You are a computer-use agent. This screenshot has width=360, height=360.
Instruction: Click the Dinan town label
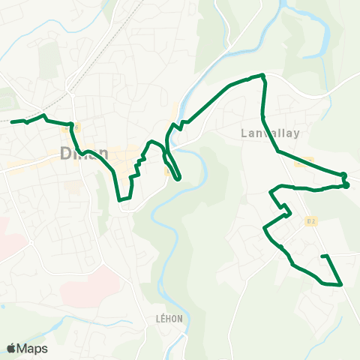[84, 153]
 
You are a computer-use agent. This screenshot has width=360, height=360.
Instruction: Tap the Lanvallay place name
[271, 133]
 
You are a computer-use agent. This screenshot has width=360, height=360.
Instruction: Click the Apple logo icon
[11, 348]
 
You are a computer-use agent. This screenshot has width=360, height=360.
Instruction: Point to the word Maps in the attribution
[33, 348]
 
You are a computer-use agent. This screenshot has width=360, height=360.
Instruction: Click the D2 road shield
[311, 220]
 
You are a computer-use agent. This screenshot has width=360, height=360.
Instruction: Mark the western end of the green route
[12, 121]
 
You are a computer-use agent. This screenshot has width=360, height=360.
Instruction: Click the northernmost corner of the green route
[262, 75]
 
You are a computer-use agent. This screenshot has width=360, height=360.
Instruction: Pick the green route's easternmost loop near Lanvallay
[346, 180]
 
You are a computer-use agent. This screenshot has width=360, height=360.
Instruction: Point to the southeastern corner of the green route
[341, 284]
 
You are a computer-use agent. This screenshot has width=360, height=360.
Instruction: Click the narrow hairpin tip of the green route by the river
[178, 179]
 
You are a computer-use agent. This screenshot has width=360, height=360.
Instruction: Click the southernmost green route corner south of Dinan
[121, 200]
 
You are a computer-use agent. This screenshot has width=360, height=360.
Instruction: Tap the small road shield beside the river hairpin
[167, 171]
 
